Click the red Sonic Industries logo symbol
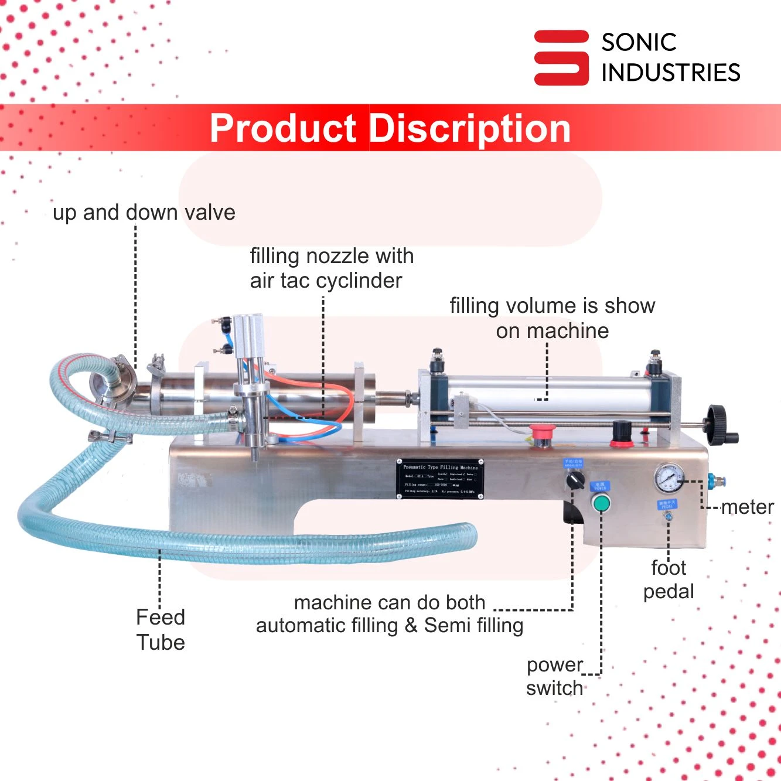pos(561,57)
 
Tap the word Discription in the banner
pos(470,128)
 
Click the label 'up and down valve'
pos(144,212)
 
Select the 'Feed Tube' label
pos(161,630)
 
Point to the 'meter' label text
pos(747,507)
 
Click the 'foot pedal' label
pos(669,579)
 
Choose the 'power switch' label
pos(554,677)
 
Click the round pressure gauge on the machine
pos(669,478)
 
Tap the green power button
pos(601,503)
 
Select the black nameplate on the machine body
pos(440,479)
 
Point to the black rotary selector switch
pos(575,480)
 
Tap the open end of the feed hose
pos(469,536)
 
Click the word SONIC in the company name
pos(639,42)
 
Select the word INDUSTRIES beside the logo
pos(671,73)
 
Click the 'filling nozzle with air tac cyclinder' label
pos(332,268)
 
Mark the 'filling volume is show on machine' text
pos(552,318)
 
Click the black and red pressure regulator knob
pos(622,434)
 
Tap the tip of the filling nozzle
pos(255,456)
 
